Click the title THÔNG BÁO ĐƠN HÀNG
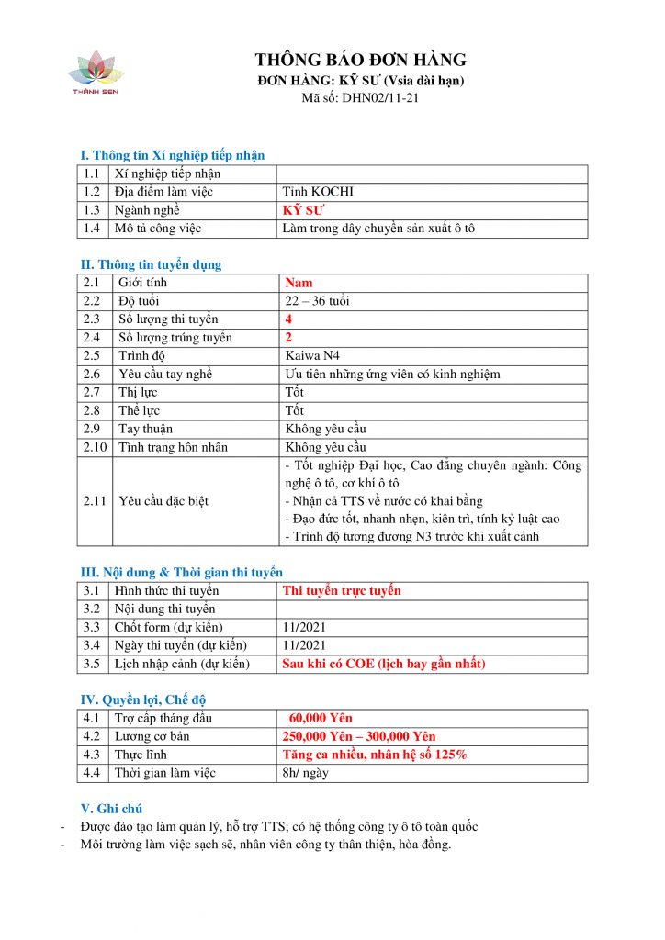[360, 61]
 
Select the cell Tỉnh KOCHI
[319, 192]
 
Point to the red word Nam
[299, 283]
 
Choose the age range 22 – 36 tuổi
[317, 301]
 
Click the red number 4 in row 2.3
[288, 319]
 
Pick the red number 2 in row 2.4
[288, 338]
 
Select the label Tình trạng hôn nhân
[174, 447]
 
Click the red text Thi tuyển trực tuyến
[342, 590]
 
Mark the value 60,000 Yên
[321, 718]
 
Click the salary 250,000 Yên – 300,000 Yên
[358, 736]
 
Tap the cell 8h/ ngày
[307, 773]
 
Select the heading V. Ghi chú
[119, 809]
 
